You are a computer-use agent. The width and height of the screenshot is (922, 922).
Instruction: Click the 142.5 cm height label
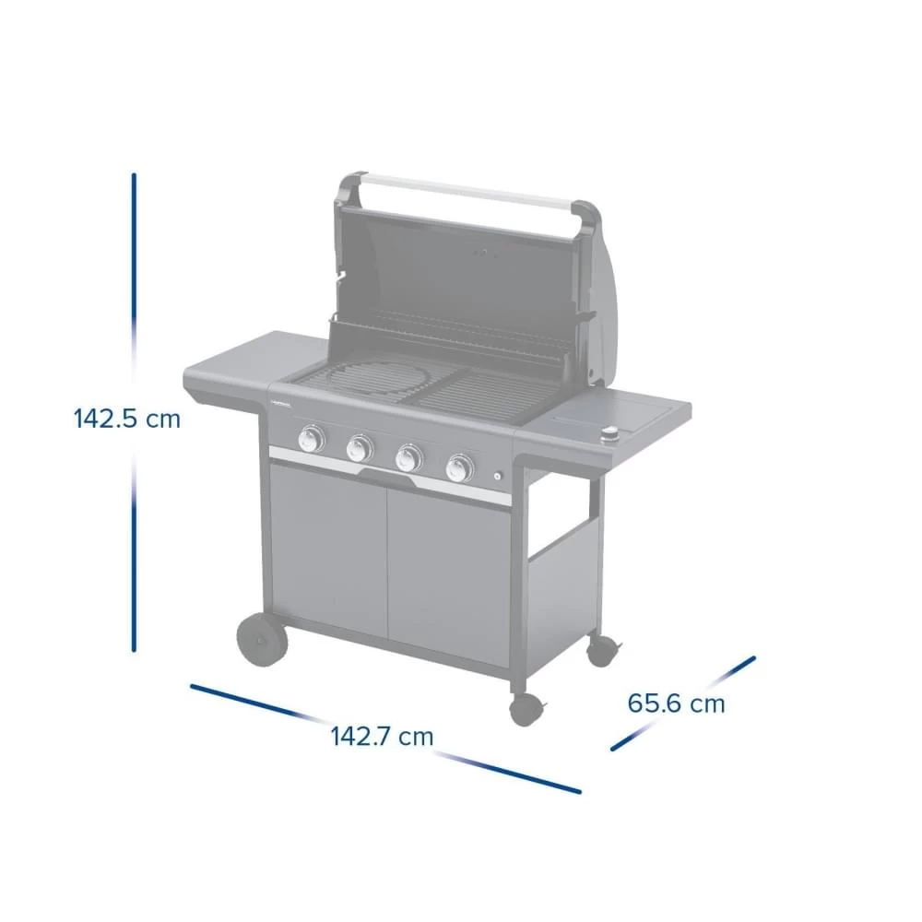click(x=127, y=419)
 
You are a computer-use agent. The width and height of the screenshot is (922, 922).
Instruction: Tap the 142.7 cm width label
click(x=382, y=737)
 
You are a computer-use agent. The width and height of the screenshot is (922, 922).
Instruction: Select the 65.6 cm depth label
click(x=676, y=703)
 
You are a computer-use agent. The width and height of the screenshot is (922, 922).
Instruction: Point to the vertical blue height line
click(x=134, y=277)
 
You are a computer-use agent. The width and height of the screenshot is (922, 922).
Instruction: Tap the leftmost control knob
click(x=312, y=439)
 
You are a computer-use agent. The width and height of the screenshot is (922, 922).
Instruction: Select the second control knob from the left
click(x=359, y=448)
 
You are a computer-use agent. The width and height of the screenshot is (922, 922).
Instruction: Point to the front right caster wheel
click(x=526, y=708)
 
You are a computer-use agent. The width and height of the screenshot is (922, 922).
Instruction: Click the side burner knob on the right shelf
click(x=609, y=436)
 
